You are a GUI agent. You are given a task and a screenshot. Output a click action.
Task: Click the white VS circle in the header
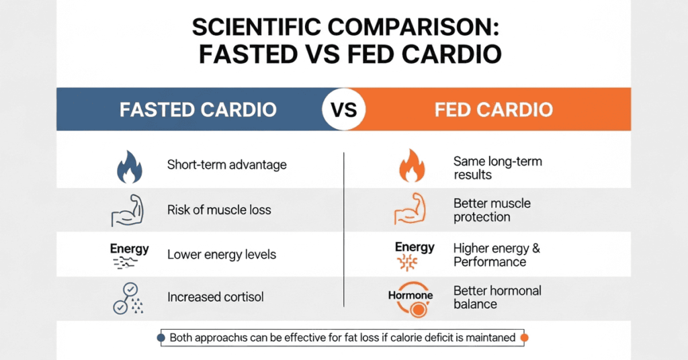(x=343, y=109)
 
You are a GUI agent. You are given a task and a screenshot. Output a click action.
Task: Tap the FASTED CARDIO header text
(x=198, y=109)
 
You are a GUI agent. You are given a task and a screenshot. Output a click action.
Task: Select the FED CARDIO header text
(x=493, y=109)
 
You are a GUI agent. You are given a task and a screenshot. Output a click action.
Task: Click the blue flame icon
(x=130, y=167)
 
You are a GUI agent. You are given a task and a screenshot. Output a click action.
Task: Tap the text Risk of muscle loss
(x=219, y=210)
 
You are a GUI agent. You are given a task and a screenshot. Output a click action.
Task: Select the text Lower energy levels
(x=222, y=255)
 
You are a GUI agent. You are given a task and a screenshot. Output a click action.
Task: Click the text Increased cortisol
(x=216, y=297)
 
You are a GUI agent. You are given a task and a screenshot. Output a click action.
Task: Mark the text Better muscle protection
(x=492, y=210)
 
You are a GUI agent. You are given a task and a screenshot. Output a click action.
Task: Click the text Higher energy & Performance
(x=497, y=255)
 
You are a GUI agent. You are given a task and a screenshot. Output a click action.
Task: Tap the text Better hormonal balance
(x=497, y=298)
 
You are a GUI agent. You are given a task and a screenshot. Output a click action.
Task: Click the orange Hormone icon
(x=411, y=302)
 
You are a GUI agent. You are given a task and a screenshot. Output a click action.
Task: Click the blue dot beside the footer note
(x=161, y=338)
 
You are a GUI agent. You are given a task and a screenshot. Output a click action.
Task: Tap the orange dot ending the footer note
(x=525, y=338)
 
